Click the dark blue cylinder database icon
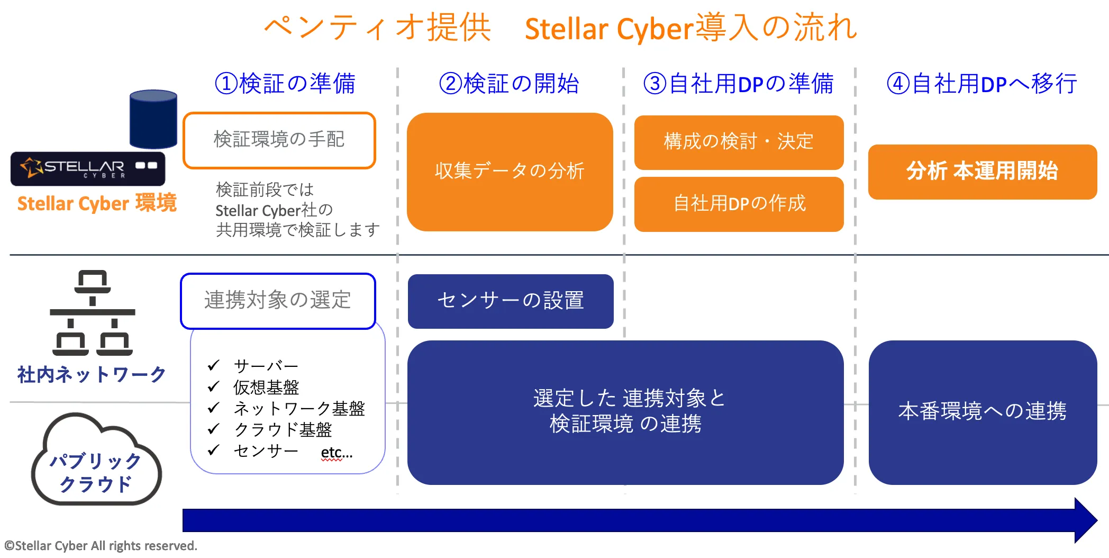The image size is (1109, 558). (153, 119)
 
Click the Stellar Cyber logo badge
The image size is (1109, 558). (88, 168)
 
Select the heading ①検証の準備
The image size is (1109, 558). (285, 84)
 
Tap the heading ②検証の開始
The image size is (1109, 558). (509, 84)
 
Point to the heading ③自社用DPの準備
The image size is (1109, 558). (738, 84)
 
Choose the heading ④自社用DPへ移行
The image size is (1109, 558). (981, 84)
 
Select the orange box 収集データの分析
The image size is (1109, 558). (510, 172)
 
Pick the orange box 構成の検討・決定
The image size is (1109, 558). (739, 142)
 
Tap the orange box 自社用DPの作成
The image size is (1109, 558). (739, 204)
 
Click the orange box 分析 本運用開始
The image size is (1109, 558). (982, 172)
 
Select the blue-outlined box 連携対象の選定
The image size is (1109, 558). (278, 301)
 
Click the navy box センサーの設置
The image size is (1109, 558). (510, 301)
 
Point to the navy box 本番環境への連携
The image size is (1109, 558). (982, 412)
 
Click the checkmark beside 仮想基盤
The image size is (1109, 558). (213, 387)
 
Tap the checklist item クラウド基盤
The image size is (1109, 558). (283, 429)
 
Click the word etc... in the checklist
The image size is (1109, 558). (337, 452)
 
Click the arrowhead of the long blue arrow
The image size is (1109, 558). (1085, 520)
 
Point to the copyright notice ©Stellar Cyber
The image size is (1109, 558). (101, 546)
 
